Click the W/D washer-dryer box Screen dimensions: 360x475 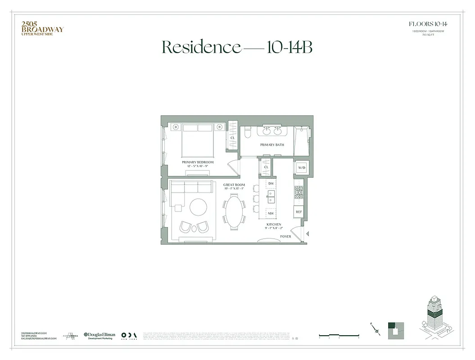tap(301, 168)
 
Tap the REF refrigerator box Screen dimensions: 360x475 tap(299, 211)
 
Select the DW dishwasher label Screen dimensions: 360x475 tap(271, 184)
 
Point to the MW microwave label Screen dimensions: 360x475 tap(271, 214)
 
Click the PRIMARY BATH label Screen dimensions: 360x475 tap(270, 145)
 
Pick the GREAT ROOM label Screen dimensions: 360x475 tap(234, 185)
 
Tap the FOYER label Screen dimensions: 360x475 tap(285, 236)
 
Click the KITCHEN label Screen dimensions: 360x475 tap(273, 224)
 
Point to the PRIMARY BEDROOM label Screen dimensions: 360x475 tap(198, 162)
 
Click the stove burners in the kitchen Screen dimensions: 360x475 tap(299, 193)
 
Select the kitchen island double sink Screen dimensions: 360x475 tap(271, 197)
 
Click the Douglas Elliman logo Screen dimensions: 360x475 tap(100, 336)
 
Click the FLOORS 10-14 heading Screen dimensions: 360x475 tap(427, 24)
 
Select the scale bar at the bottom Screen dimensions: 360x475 tap(339, 335)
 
